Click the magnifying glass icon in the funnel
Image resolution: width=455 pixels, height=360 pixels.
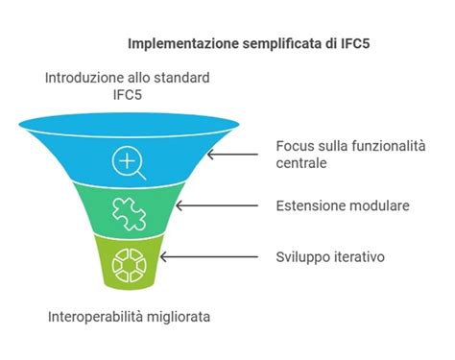[129, 161]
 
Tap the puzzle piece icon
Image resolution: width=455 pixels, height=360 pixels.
[128, 214]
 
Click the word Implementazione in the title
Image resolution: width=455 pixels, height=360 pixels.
[180, 44]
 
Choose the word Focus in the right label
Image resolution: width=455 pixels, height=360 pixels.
[294, 146]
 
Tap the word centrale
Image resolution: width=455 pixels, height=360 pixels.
[301, 163]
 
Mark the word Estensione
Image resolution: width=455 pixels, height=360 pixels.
[308, 205]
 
